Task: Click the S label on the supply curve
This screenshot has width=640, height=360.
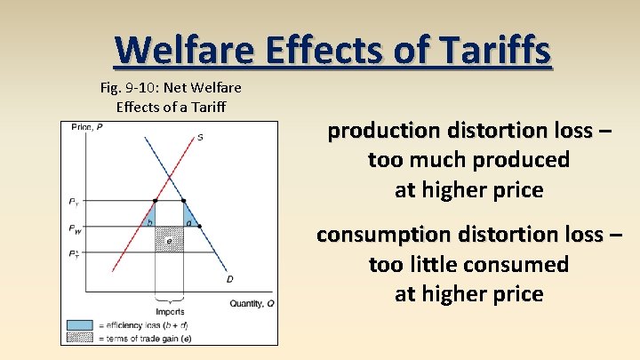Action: click(200, 138)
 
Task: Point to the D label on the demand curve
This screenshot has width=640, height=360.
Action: click(230, 279)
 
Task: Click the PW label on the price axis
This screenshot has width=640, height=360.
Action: click(74, 228)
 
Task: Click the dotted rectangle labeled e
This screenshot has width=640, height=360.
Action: click(169, 239)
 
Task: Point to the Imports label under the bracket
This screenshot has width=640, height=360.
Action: click(169, 312)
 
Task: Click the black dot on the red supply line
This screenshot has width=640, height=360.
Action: click(156, 201)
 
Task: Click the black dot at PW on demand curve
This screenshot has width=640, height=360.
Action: click(199, 227)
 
